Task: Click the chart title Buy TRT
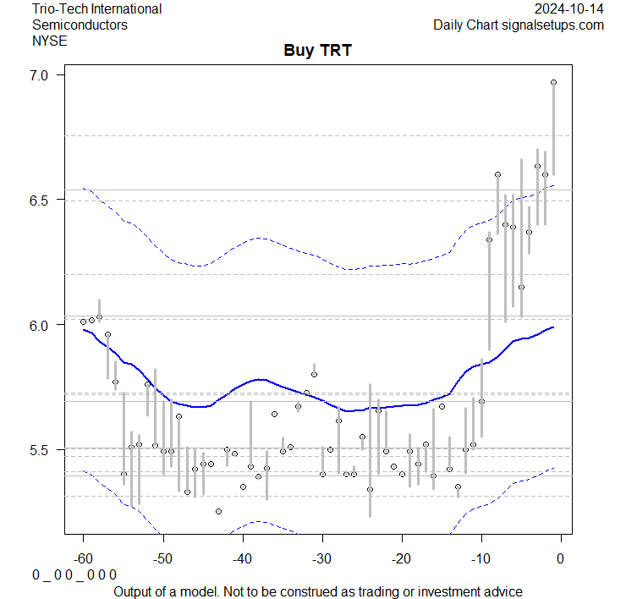(x=317, y=51)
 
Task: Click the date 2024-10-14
(x=569, y=9)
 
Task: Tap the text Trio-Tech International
(x=96, y=9)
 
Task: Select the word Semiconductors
(x=80, y=25)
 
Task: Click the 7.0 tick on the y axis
(x=41, y=75)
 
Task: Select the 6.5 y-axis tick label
(x=41, y=200)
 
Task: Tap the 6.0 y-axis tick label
(x=41, y=325)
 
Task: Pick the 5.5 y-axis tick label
(x=41, y=449)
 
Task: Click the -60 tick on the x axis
(x=83, y=558)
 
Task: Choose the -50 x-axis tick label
(x=162, y=558)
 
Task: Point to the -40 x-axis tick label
(x=242, y=558)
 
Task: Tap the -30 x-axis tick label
(x=321, y=558)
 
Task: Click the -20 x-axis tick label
(x=401, y=558)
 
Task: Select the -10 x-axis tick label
(x=480, y=558)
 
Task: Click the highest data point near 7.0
(x=553, y=82)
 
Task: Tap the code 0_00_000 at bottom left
(x=74, y=574)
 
